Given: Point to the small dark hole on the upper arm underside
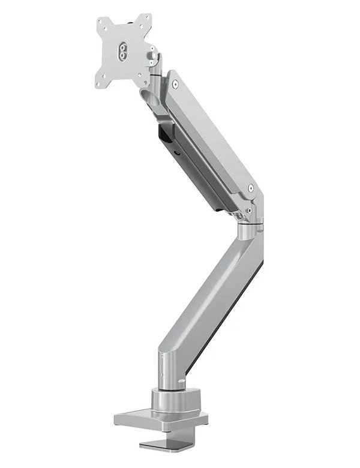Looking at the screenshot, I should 178,153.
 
